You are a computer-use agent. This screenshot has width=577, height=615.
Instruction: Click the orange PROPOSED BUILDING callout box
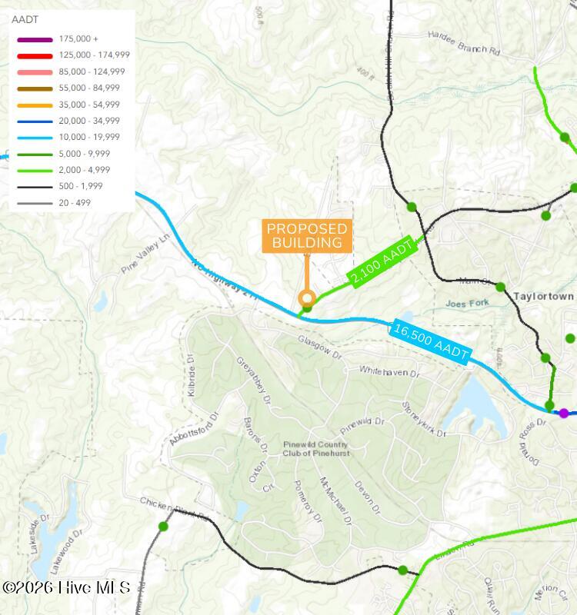point(307,236)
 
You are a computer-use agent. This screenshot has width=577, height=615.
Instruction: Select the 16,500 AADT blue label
point(431,341)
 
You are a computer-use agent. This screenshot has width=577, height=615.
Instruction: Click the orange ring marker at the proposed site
point(307,298)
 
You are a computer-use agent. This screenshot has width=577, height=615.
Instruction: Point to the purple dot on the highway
point(564,414)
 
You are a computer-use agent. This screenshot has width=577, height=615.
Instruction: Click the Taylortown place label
point(543,296)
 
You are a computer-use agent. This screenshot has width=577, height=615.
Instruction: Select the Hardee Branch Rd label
point(464,43)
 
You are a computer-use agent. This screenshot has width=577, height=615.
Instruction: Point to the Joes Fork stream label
point(467,304)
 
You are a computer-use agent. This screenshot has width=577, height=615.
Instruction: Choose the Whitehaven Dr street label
point(389,371)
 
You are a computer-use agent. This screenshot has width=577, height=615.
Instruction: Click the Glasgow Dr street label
point(319,347)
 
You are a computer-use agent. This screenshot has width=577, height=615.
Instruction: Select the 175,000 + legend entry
point(78,39)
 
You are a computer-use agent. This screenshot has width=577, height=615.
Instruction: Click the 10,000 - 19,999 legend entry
point(89,137)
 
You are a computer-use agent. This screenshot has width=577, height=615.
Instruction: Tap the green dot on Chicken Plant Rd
point(163,527)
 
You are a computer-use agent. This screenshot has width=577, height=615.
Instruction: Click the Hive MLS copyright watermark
point(66,588)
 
